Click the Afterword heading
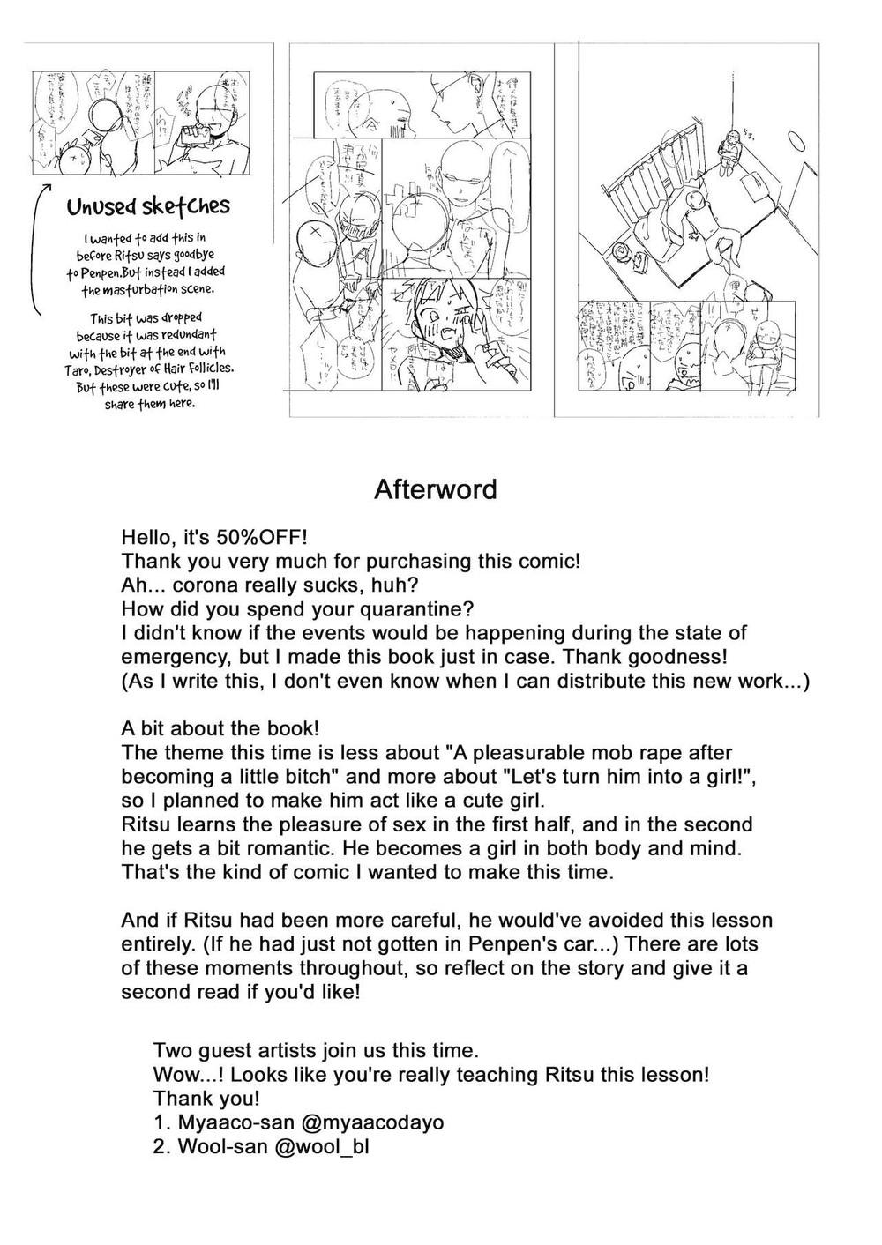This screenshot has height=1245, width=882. coord(435,489)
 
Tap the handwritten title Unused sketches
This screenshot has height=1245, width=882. coord(148,207)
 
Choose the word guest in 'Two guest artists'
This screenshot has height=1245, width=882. coord(224,1050)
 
